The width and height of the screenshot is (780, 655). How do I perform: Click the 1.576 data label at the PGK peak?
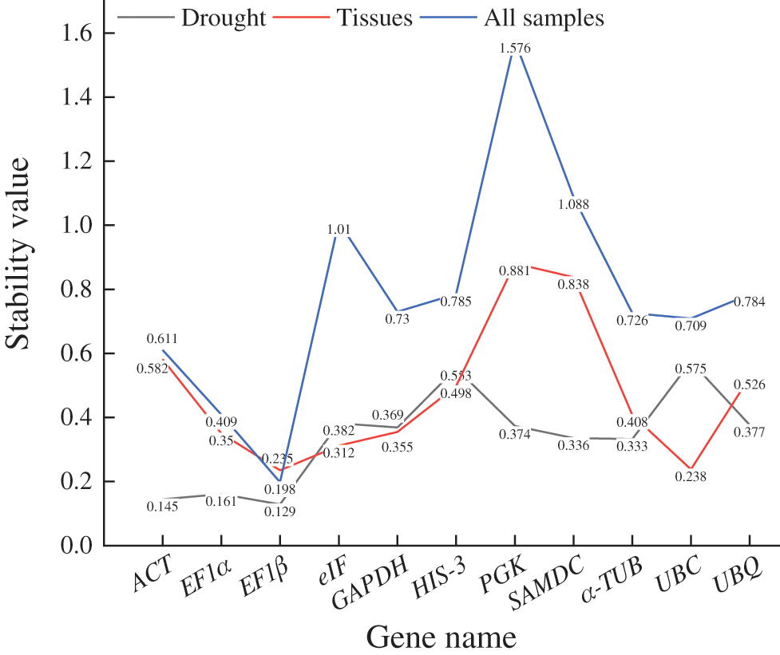click(515, 48)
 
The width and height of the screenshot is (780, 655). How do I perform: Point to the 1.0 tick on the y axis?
click(76, 226)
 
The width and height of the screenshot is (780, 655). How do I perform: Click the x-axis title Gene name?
click(441, 636)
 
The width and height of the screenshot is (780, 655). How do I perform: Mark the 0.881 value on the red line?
click(515, 271)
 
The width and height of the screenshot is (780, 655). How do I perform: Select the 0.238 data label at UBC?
click(691, 477)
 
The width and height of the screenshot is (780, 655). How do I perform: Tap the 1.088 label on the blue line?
click(574, 204)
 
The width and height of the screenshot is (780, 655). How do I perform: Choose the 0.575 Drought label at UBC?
click(691, 369)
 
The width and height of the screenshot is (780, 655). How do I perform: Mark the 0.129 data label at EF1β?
click(279, 511)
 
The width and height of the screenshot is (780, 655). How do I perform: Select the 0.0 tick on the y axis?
click(76, 546)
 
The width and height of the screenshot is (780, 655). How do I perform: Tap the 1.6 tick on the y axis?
click(76, 34)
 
